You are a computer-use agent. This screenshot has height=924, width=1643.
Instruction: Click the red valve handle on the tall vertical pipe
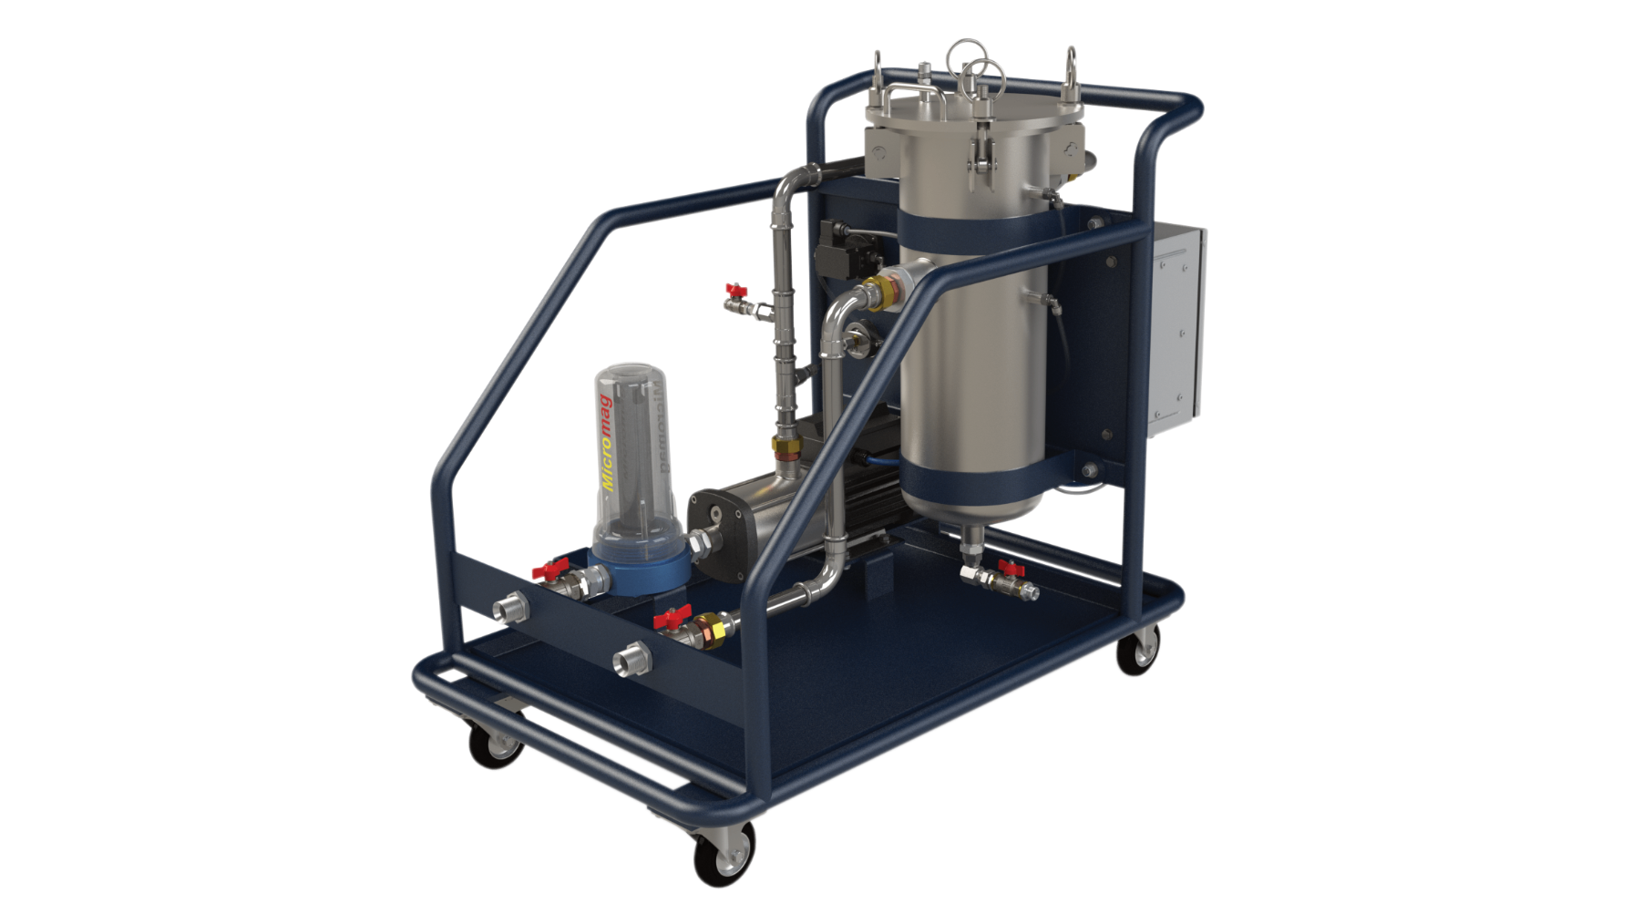click(x=734, y=290)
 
